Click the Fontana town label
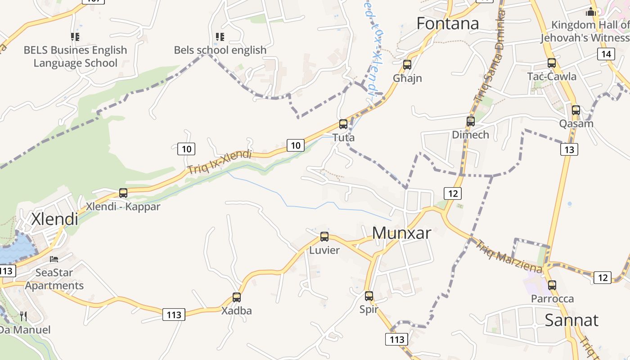(x=447, y=23)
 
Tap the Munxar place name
(x=401, y=233)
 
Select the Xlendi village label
(x=54, y=219)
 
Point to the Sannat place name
(x=571, y=320)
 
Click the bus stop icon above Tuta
(x=343, y=124)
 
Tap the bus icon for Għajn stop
(x=407, y=64)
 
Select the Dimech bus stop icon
(x=471, y=121)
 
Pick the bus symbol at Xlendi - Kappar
(x=123, y=193)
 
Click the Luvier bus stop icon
(x=324, y=236)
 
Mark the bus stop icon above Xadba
(x=237, y=297)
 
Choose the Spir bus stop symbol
(x=369, y=296)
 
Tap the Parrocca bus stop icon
(x=552, y=285)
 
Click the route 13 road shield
(x=569, y=149)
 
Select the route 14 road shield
(x=606, y=54)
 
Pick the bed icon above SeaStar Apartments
(x=54, y=259)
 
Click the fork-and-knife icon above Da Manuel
(x=23, y=316)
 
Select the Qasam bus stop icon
(x=576, y=110)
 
